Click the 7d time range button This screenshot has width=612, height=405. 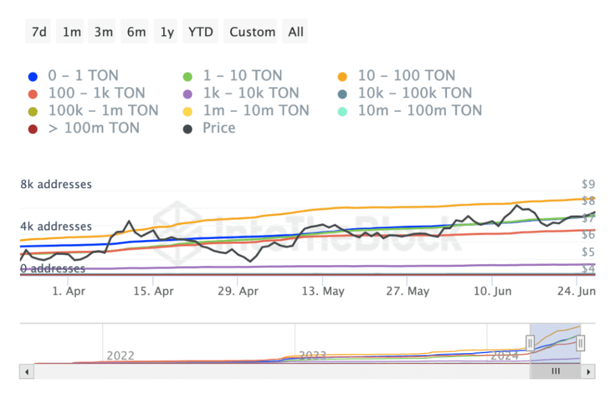39,32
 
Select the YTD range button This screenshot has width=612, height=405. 200,32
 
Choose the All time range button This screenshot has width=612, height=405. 296,32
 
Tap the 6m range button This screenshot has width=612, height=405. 136,32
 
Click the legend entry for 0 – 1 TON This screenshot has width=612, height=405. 74,76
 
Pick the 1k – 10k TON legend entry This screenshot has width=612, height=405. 241,93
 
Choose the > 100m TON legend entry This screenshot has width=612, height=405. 85,128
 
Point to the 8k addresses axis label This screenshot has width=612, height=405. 56,184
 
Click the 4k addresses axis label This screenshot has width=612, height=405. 56,226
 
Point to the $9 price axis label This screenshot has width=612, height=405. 588,184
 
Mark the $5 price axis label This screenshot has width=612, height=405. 588,252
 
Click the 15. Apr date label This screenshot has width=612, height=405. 152,292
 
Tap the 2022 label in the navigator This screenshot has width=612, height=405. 120,356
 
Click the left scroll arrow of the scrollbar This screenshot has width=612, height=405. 26,372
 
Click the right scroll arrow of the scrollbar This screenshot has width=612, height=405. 589,372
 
